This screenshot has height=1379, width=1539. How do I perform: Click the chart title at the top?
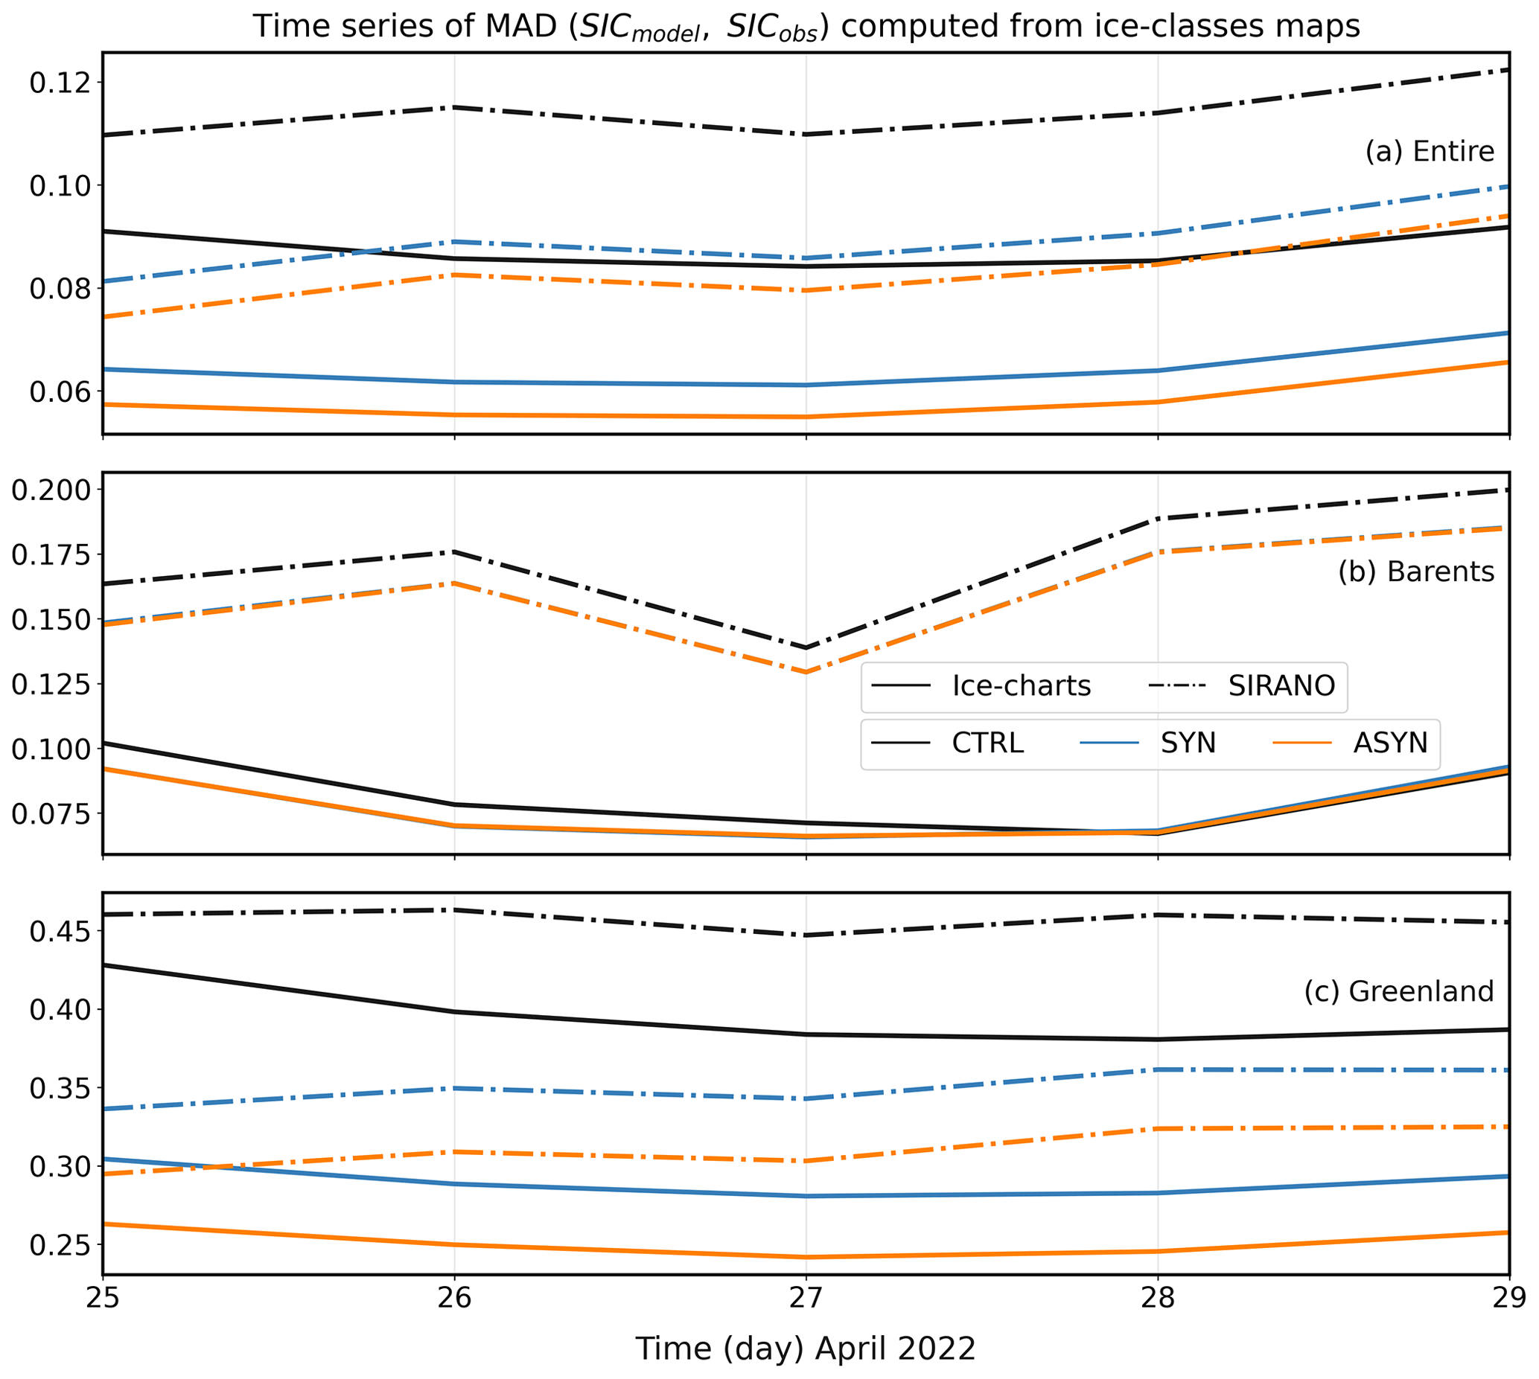point(806,27)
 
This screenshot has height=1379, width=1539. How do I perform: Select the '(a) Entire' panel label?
point(1429,152)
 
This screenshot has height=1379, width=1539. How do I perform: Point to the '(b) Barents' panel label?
point(1415,572)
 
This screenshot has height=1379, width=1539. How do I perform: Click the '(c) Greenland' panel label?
point(1398,991)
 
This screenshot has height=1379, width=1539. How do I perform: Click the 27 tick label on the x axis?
point(805,1298)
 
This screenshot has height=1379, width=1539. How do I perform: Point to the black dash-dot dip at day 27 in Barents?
point(806,648)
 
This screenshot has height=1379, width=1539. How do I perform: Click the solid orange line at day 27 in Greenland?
point(806,1257)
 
